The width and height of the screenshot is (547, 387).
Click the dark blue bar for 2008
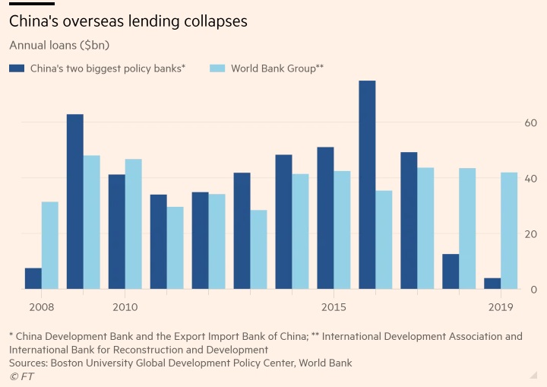tap(33, 279)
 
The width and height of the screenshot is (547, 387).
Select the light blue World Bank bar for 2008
tap(50, 246)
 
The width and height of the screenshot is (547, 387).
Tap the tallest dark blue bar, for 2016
tap(367, 185)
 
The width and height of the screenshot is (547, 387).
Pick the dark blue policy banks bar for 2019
tap(492, 284)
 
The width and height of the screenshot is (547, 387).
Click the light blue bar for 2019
tap(509, 230)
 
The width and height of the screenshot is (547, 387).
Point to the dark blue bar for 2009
tap(75, 201)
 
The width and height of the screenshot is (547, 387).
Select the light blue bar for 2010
tap(133, 224)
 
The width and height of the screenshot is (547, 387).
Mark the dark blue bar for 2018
tap(451, 271)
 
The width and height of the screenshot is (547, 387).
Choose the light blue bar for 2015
tap(342, 230)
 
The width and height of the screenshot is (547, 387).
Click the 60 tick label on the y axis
tap(530, 123)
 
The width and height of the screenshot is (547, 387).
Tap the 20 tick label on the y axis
tap(530, 234)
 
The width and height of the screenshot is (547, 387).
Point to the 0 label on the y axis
tap(533, 290)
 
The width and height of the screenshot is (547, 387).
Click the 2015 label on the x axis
tap(334, 307)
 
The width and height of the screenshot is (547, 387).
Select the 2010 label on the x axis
tap(125, 307)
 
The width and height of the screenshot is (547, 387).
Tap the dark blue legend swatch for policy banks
tap(17, 68)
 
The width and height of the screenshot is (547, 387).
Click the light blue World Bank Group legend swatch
tap(217, 68)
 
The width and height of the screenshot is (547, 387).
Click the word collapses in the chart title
tap(210, 21)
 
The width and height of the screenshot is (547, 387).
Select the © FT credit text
tap(21, 376)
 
